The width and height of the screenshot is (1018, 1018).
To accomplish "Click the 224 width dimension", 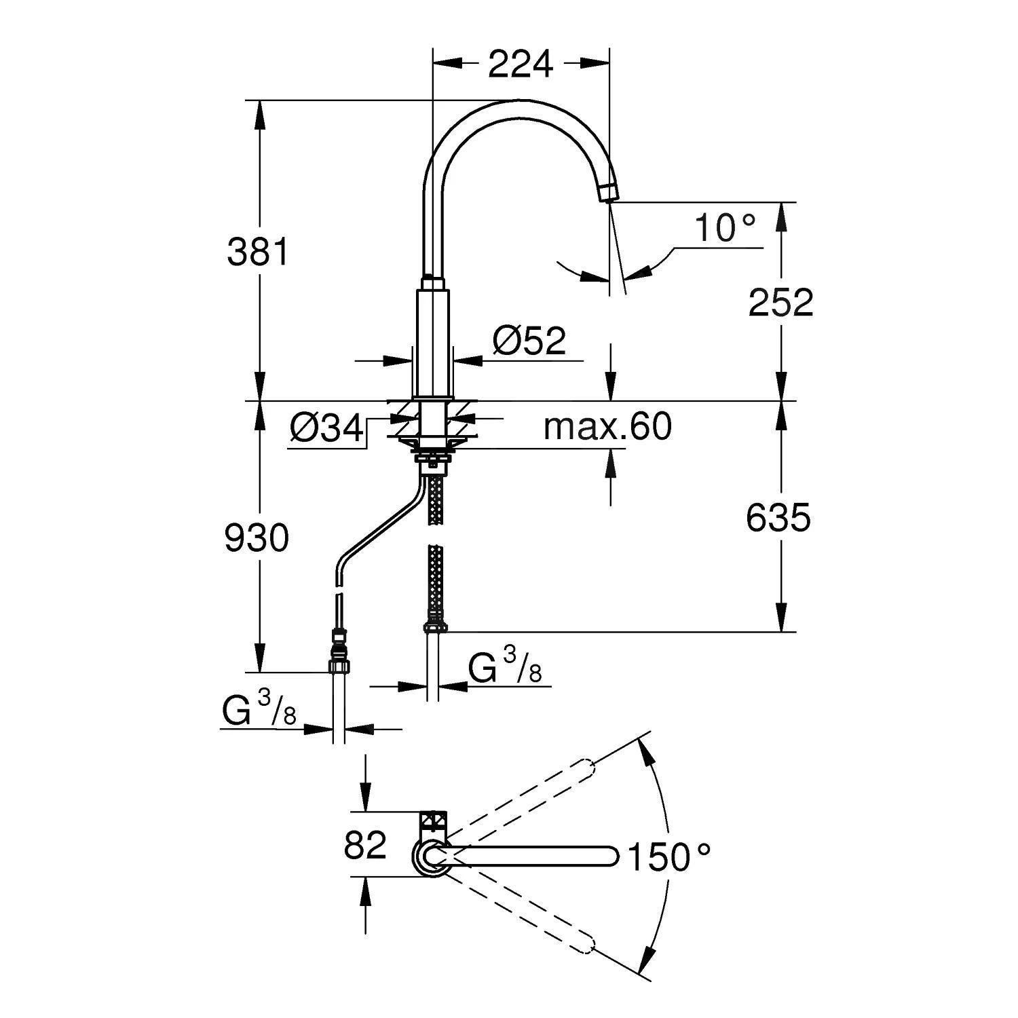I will [521, 64].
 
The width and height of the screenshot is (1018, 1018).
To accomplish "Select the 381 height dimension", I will [258, 252].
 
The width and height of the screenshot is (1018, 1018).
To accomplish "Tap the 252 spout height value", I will [780, 303].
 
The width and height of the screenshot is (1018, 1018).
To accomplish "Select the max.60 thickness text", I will [607, 427].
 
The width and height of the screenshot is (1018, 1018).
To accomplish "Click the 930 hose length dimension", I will [257, 539].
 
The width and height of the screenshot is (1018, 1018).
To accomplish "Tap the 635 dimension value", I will [778, 519].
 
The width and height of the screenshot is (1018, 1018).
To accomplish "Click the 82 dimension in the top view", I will [365, 845].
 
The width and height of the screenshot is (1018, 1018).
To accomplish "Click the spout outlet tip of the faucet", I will [608, 193].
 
